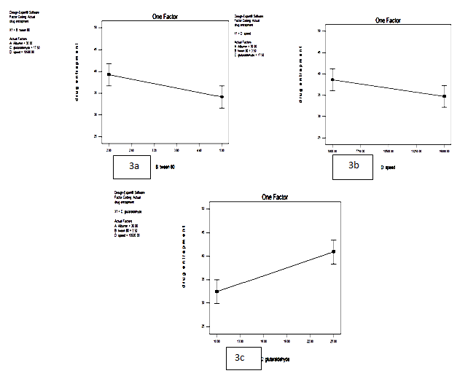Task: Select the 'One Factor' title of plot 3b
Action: [391, 20]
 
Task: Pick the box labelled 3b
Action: [353, 167]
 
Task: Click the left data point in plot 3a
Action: [109, 74]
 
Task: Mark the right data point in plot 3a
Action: [222, 97]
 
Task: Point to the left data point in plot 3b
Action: [333, 80]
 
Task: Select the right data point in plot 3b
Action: [445, 96]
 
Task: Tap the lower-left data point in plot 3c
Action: [216, 291]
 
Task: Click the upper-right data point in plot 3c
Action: [333, 251]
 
